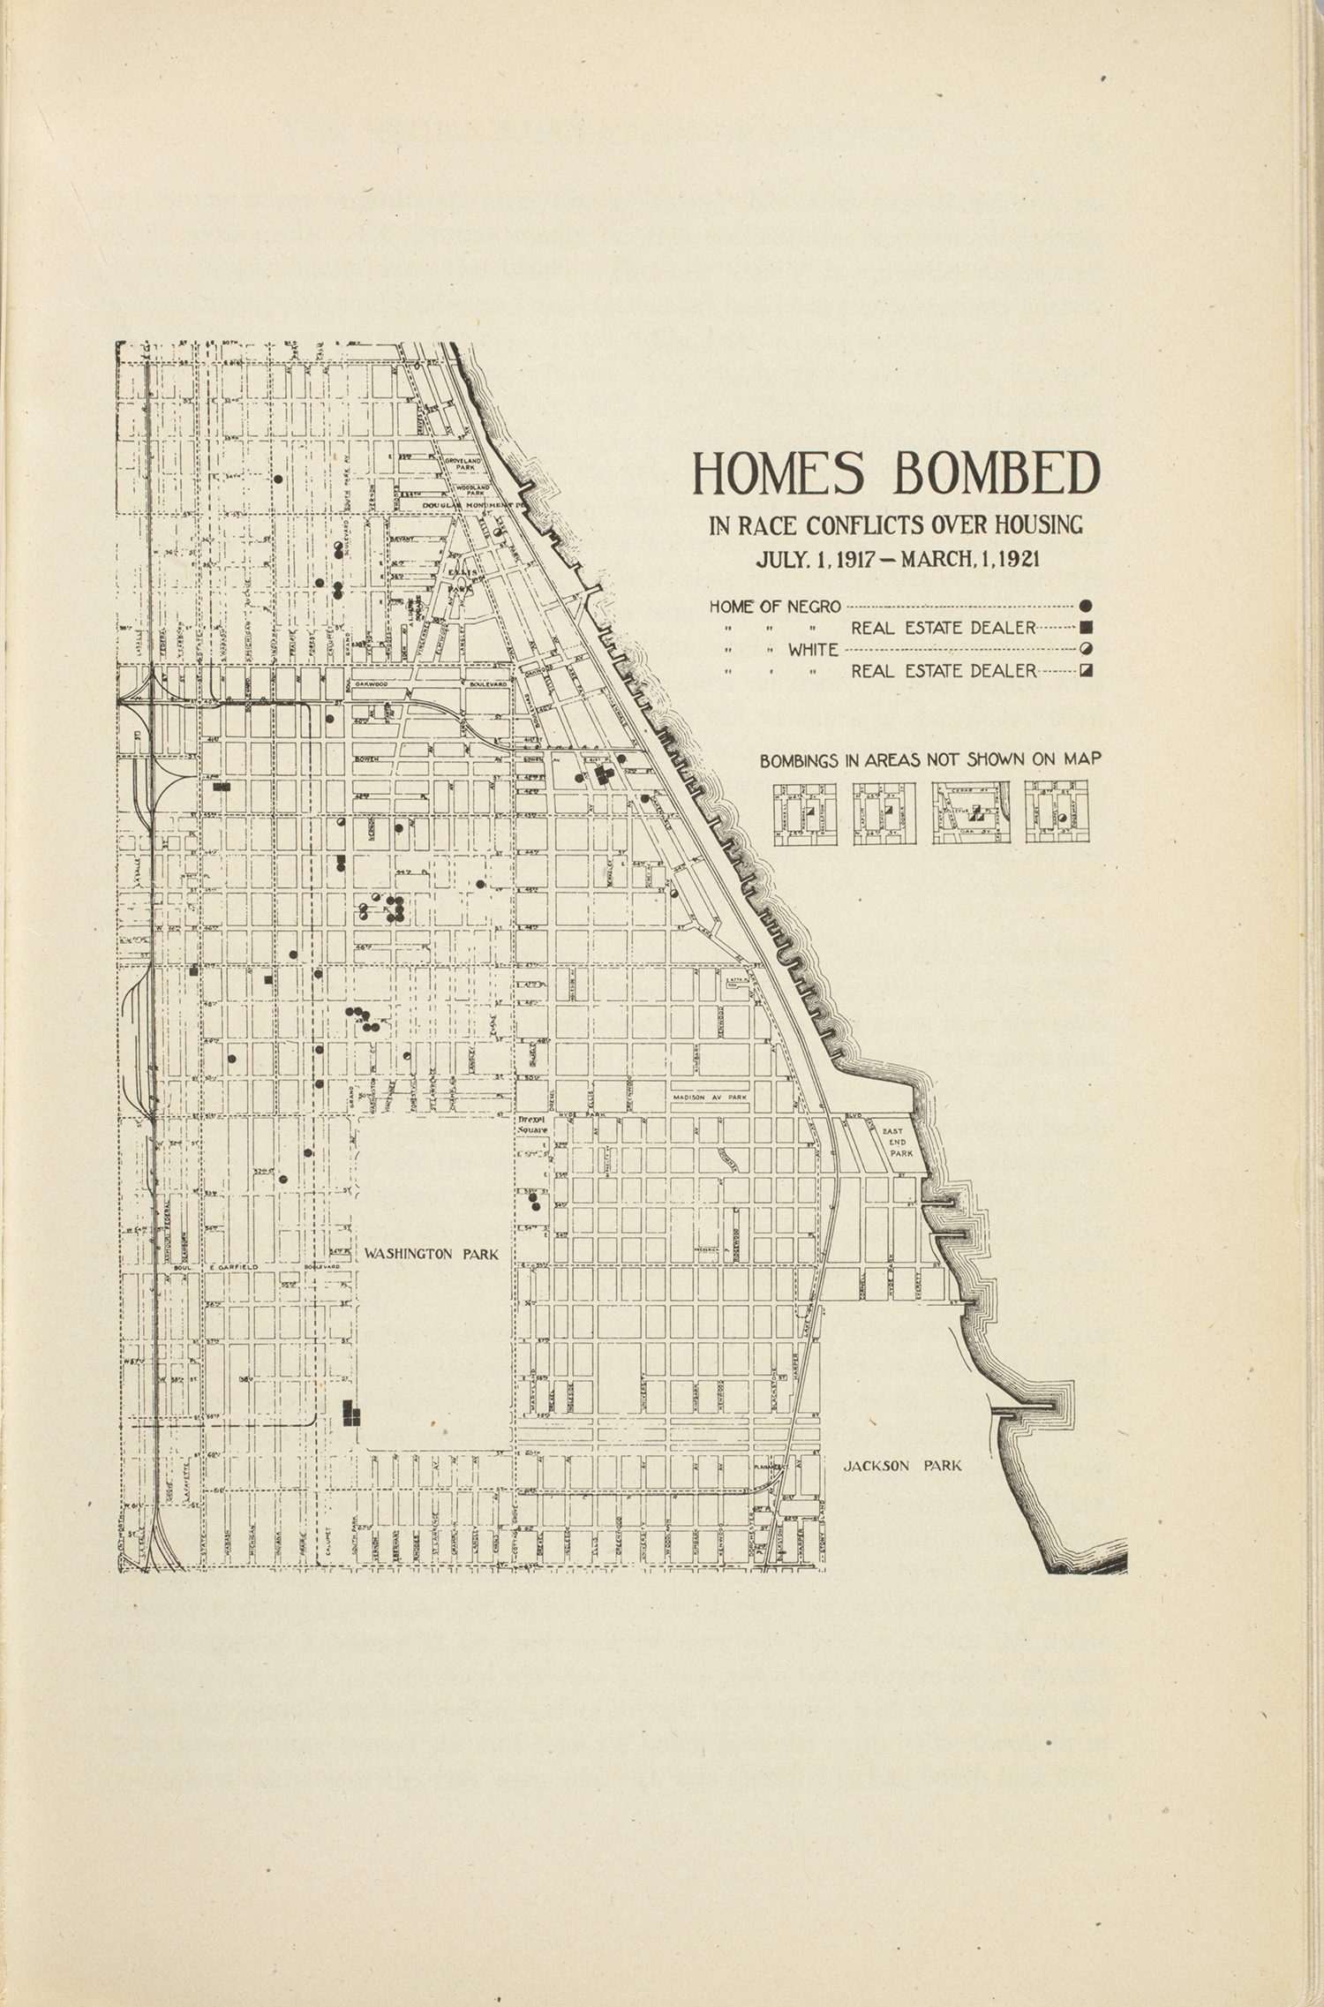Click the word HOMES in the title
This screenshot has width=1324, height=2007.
tap(778, 474)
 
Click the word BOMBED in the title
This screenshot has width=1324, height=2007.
tap(997, 474)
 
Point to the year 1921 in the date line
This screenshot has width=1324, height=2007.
tap(1012, 558)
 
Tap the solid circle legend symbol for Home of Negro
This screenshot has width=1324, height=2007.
tap(1087, 607)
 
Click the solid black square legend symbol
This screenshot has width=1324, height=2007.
tap(1087, 628)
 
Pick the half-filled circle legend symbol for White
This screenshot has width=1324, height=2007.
tap(1087, 649)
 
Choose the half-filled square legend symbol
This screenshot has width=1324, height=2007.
tap(1087, 671)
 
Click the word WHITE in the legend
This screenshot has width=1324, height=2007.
tap(813, 650)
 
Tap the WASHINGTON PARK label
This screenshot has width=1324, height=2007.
tap(432, 1254)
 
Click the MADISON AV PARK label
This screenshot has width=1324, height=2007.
tap(710, 1098)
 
